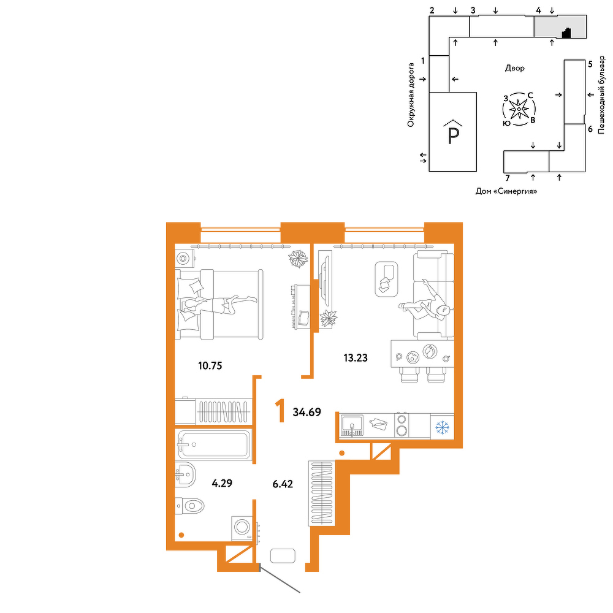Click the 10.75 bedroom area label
(210, 366)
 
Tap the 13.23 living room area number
(356, 358)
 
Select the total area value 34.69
(307, 412)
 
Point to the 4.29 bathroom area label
(222, 483)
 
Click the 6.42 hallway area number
(283, 484)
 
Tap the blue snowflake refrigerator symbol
(443, 427)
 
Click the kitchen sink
(352, 425)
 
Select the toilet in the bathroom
(189, 506)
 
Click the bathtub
(214, 444)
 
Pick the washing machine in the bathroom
(243, 528)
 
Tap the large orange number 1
(280, 411)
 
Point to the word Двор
(515, 69)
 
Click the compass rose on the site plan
(519, 109)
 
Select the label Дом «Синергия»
(506, 191)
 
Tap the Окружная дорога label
(411, 95)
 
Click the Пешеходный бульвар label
(601, 96)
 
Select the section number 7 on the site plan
(508, 178)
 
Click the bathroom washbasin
(185, 474)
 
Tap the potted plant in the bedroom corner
(298, 259)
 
